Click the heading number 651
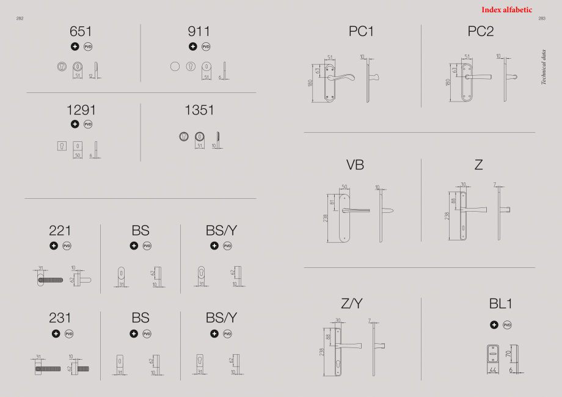tap(81, 31)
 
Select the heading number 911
tap(199, 31)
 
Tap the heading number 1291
tap(81, 110)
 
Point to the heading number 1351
tap(200, 110)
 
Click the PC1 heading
tap(361, 31)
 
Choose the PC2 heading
tap(481, 31)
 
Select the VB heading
tap(355, 165)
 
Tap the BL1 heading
tap(500, 304)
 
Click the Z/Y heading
tap(352, 304)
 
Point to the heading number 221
tap(60, 231)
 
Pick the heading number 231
tap(60, 318)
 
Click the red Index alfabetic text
tap(506, 10)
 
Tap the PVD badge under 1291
tap(88, 124)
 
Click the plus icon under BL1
tap(494, 325)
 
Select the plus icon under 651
tap(75, 46)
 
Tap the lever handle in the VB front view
tap(356, 210)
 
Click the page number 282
tap(20, 19)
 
